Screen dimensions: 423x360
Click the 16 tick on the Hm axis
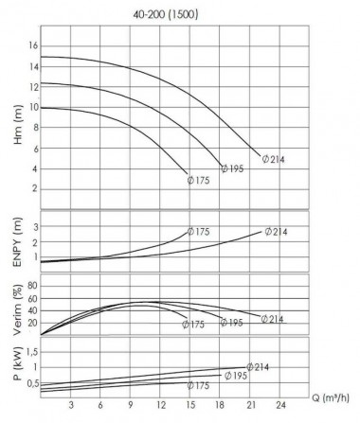point(32,45)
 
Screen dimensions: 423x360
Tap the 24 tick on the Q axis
point(281,405)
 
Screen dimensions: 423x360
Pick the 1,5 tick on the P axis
point(31,350)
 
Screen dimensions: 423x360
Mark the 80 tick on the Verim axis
point(32,284)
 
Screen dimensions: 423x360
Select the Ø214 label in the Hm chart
point(272,159)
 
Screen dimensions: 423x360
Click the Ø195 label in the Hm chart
point(233,168)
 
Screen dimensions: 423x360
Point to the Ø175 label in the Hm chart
point(197,180)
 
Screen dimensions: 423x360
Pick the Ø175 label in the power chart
point(199,386)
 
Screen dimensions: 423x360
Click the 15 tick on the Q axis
point(191,405)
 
